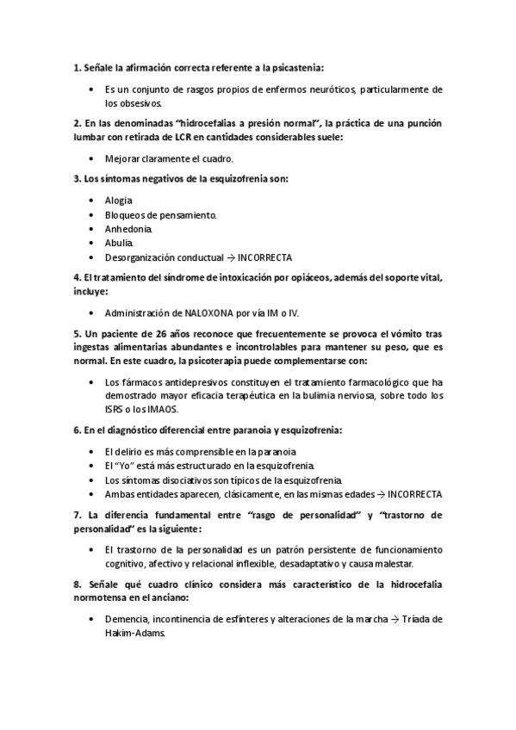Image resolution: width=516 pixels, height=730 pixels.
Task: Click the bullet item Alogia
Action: [118, 200]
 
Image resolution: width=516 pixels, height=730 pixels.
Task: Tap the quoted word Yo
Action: [127, 465]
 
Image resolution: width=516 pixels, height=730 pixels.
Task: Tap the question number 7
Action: [76, 515]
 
